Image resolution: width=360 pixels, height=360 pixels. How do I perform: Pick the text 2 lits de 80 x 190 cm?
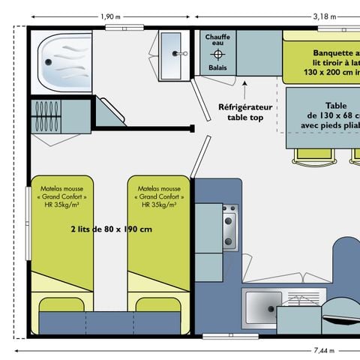pyautogui.click(x=111, y=229)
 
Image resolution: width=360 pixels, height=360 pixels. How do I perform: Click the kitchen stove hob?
pyautogui.click(x=228, y=225)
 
